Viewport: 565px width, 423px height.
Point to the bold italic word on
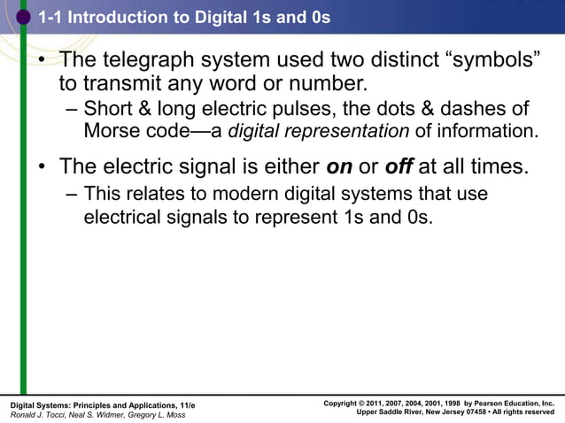coord(339,166)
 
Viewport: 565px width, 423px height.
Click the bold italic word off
coord(399,166)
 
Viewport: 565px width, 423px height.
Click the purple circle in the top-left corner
coord(23,17)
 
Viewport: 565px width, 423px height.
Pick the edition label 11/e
coord(187,404)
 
